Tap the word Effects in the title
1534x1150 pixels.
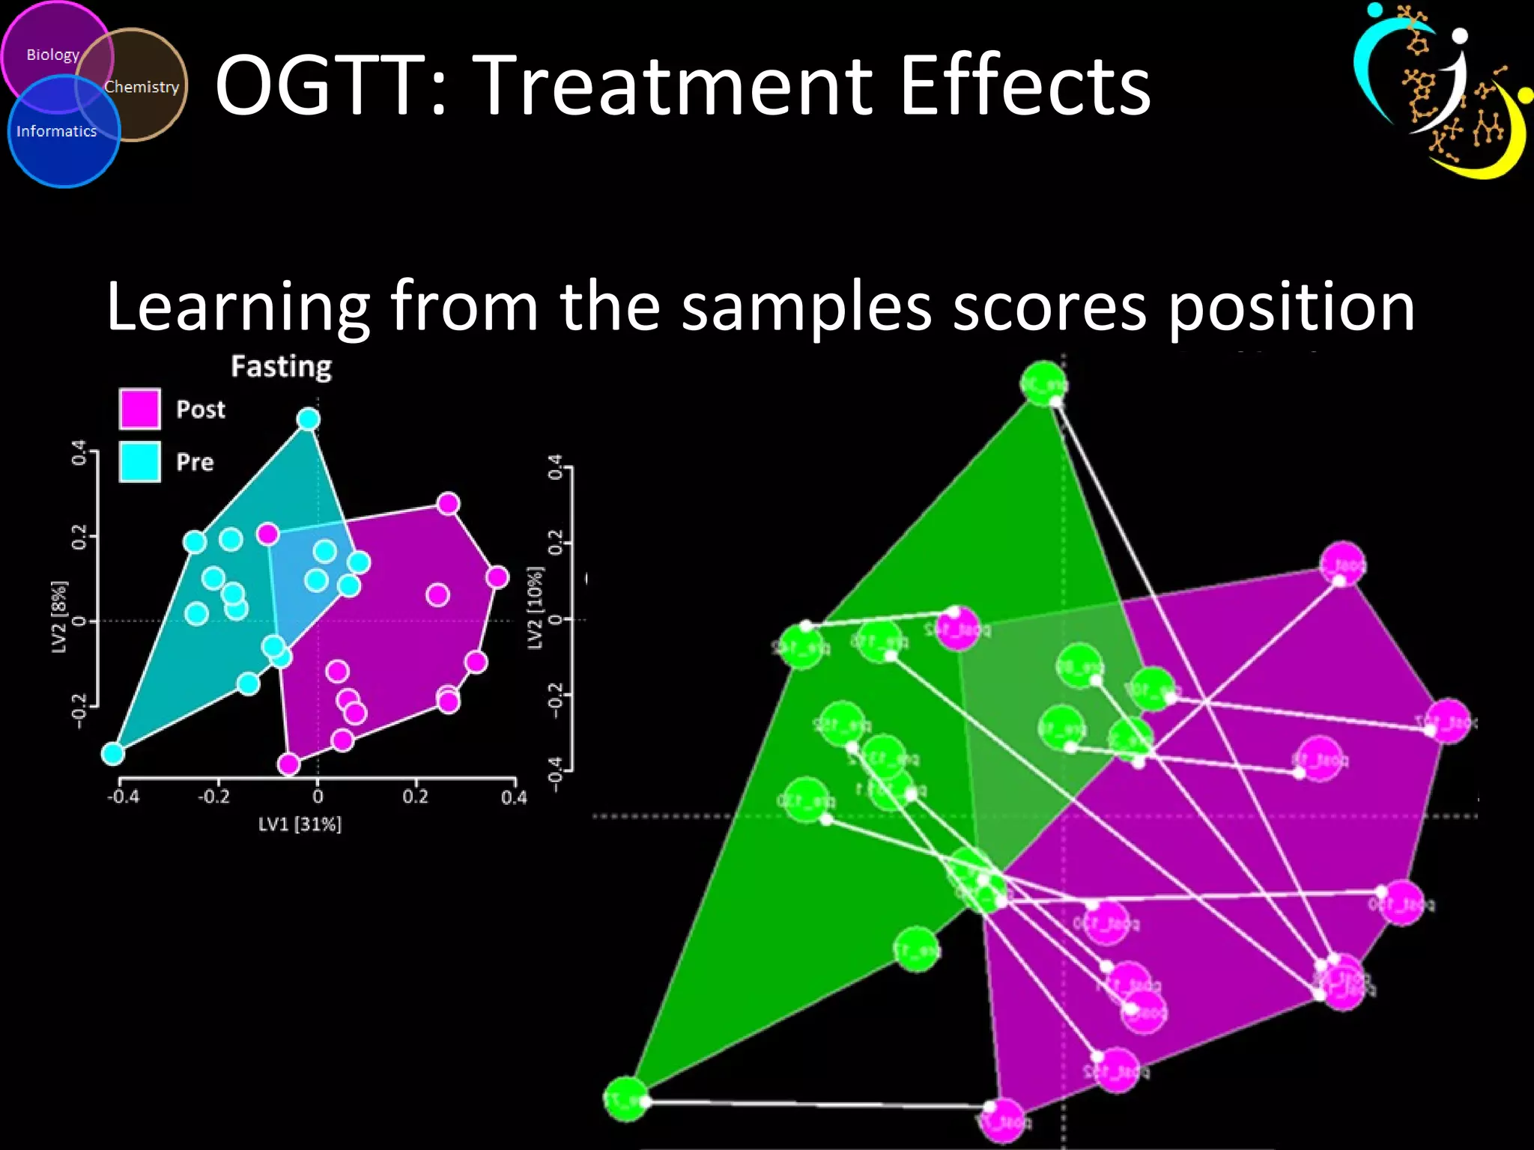click(x=1024, y=86)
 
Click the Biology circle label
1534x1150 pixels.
click(x=52, y=55)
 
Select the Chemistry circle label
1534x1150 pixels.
click(x=142, y=87)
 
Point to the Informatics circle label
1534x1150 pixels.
click(x=57, y=131)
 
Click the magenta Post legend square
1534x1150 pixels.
click(x=139, y=409)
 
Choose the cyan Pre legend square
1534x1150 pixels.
click(x=139, y=461)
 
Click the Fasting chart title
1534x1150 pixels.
click(x=281, y=367)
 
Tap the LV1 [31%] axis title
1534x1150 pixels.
click(x=300, y=824)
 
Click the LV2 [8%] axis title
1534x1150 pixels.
click(x=59, y=617)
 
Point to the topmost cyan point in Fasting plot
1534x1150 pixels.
click(x=309, y=419)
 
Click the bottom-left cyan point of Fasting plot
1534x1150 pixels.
click(x=113, y=753)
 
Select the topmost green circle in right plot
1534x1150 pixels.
click(x=1043, y=383)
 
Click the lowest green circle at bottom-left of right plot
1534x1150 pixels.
click(x=625, y=1099)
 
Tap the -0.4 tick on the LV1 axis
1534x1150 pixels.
click(x=123, y=797)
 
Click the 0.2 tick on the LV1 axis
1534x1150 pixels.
click(x=415, y=797)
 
